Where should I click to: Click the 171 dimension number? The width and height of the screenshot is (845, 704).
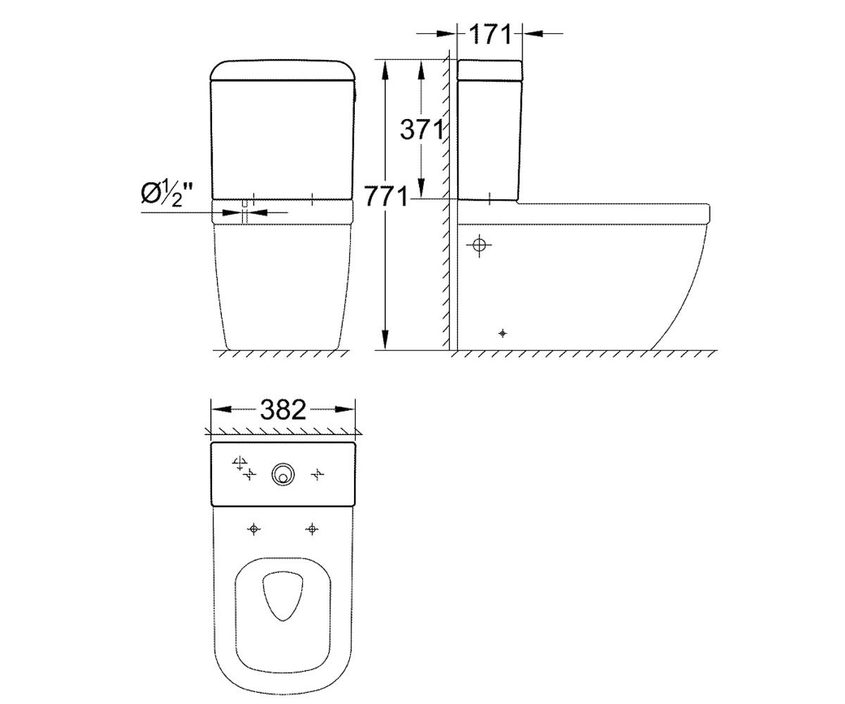click(490, 34)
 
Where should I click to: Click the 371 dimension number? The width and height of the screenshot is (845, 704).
click(422, 130)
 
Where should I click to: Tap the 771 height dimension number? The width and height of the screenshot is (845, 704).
click(386, 196)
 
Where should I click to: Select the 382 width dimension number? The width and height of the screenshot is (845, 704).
click(283, 410)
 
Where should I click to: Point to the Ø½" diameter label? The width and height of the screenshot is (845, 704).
click(167, 194)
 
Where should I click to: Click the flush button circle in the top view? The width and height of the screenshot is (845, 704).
click(283, 474)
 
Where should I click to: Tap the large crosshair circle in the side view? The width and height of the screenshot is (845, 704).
click(479, 245)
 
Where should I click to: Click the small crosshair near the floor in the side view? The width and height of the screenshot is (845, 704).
click(503, 334)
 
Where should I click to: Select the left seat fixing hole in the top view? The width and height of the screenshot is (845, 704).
click(254, 529)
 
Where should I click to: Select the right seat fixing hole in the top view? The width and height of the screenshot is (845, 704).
click(312, 529)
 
